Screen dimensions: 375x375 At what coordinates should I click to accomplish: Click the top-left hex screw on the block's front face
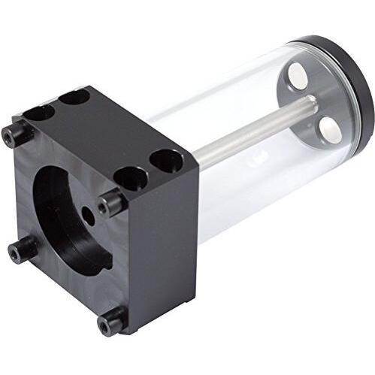17,135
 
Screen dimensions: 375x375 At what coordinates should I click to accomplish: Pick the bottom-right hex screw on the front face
112,321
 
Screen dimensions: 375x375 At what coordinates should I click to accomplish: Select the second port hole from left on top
74,97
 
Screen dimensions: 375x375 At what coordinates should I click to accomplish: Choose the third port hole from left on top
130,178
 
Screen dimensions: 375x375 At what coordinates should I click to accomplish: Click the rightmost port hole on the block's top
166,160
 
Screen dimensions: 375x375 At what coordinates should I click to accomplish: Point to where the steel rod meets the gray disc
308,105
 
